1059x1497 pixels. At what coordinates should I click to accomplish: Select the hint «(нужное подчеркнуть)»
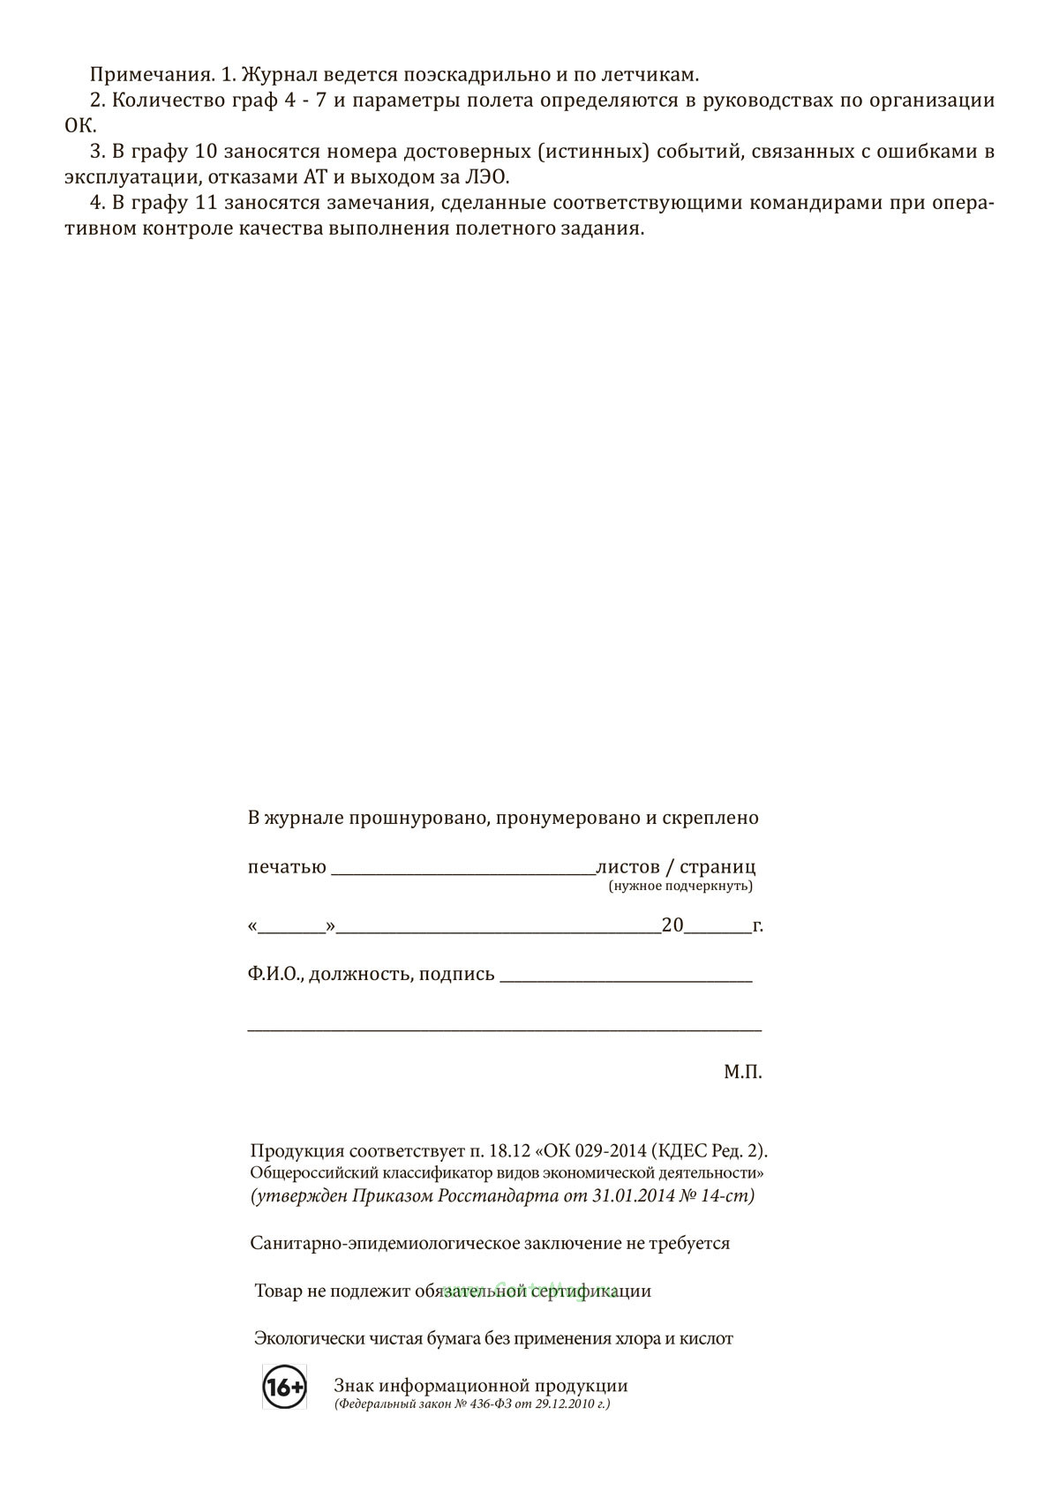click(680, 886)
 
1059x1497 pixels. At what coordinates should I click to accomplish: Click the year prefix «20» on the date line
click(672, 925)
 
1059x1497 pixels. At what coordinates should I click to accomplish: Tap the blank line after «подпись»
click(626, 977)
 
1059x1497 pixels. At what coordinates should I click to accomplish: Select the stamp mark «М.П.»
click(742, 1073)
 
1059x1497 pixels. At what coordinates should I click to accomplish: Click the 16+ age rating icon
click(284, 1388)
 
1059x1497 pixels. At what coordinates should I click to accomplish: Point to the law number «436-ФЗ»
click(484, 1404)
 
